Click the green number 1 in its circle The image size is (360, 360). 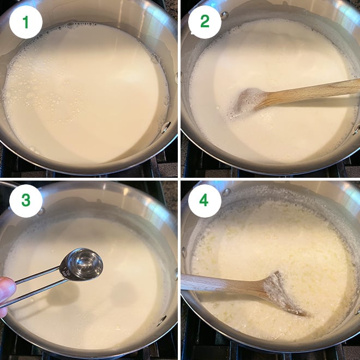coord(26,23)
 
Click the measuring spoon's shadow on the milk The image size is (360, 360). coord(60,297)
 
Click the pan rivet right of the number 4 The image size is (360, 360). coord(226,193)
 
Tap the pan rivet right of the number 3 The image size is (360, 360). coord(41,211)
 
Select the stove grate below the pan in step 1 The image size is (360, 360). coord(87,173)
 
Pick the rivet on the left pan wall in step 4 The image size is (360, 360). coord(184,252)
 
